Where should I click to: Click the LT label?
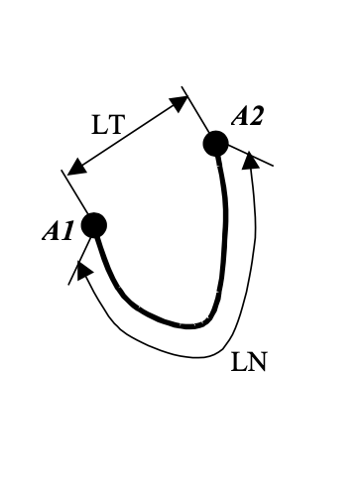pos(109,125)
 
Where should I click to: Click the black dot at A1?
pos(94,225)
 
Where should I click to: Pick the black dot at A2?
pos(216,144)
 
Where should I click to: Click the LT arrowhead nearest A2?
pos(180,101)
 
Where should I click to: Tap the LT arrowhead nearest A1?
pos(73,166)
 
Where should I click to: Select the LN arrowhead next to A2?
pos(250,159)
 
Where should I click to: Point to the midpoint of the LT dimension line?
pos(126,134)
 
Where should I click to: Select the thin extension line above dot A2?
pos(196,110)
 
